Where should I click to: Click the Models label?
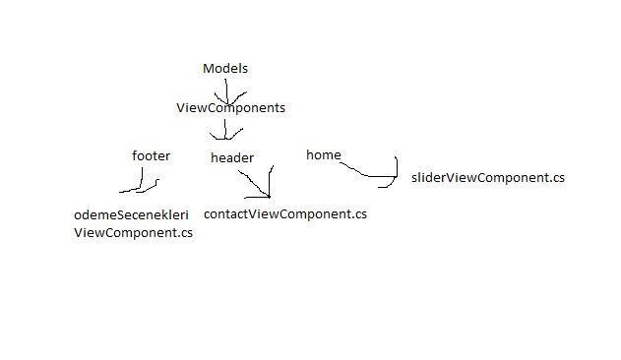225,68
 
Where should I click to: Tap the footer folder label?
151,155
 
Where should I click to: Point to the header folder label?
232,157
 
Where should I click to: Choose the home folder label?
323,154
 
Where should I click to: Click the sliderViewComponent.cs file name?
488,178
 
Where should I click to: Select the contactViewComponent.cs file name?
284,213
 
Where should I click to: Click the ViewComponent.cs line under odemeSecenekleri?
133,233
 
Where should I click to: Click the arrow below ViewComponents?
226,130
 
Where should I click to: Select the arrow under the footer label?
140,184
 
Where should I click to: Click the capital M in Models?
208,68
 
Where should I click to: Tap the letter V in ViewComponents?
180,108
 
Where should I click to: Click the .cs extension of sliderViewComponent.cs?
556,178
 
